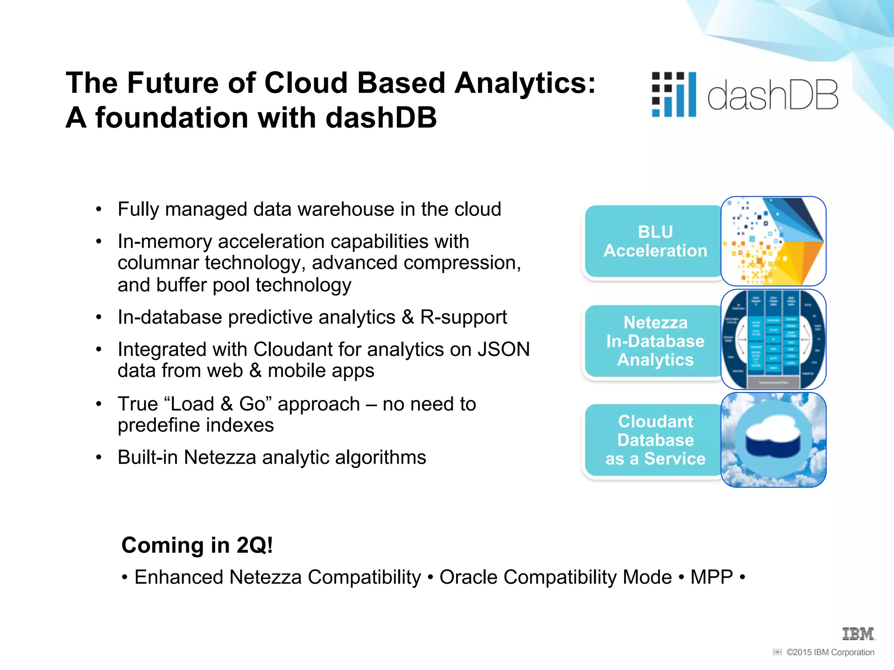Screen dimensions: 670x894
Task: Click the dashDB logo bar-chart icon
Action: click(x=674, y=95)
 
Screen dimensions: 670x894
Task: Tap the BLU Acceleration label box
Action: click(x=655, y=241)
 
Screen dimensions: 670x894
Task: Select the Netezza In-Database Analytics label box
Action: click(x=655, y=341)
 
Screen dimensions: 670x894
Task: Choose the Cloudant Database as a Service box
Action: click(x=655, y=440)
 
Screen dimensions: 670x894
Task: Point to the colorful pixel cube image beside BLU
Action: click(x=773, y=241)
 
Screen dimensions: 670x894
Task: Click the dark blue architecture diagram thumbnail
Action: click(x=773, y=339)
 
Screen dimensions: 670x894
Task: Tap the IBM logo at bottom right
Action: click(x=858, y=634)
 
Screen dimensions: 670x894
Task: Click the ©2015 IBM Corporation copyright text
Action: click(x=830, y=652)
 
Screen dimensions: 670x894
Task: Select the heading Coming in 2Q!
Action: click(x=197, y=545)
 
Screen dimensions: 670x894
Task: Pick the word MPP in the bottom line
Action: click(x=711, y=577)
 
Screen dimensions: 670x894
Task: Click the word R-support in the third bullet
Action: click(x=463, y=317)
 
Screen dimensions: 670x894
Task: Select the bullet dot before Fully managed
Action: click(x=99, y=210)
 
